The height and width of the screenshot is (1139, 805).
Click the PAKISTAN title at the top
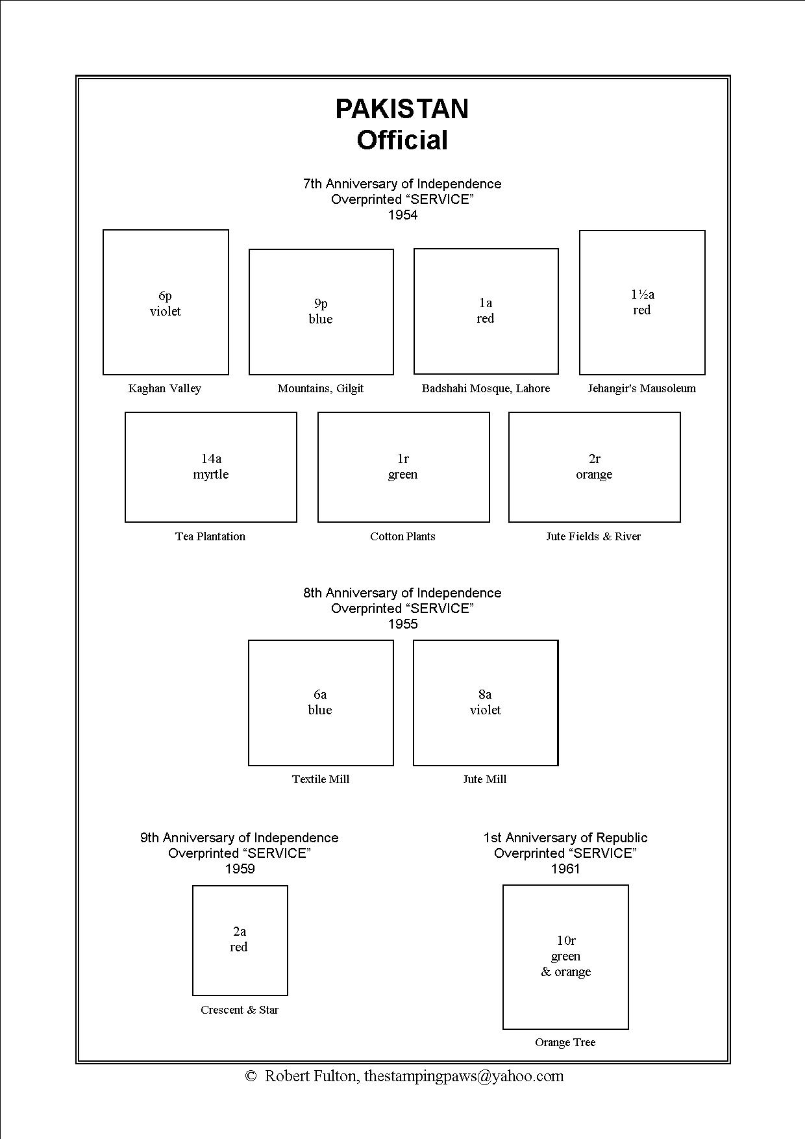(402, 109)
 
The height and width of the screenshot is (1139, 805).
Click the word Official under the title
(402, 140)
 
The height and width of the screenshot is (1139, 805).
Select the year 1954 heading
(402, 215)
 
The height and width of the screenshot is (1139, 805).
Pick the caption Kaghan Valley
(165, 388)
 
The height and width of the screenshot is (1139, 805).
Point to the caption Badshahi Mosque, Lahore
(486, 388)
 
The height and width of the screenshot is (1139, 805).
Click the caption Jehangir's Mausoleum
(642, 388)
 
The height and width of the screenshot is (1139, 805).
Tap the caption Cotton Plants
(402, 536)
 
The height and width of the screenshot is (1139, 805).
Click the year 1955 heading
(402, 624)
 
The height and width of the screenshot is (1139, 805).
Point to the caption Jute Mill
(485, 779)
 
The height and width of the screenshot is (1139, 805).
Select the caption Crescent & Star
(240, 1010)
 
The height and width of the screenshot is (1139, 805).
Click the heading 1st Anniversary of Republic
(565, 838)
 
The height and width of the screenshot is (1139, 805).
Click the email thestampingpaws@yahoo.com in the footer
(464, 1076)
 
